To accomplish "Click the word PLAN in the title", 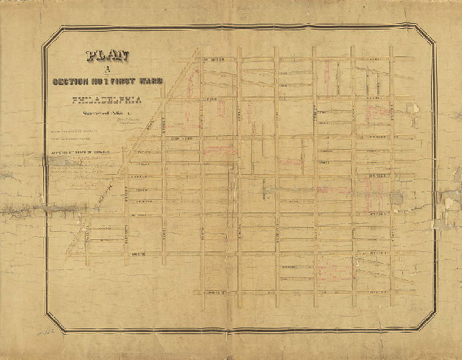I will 107,56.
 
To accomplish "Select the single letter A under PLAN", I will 106,69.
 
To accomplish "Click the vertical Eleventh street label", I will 127,194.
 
